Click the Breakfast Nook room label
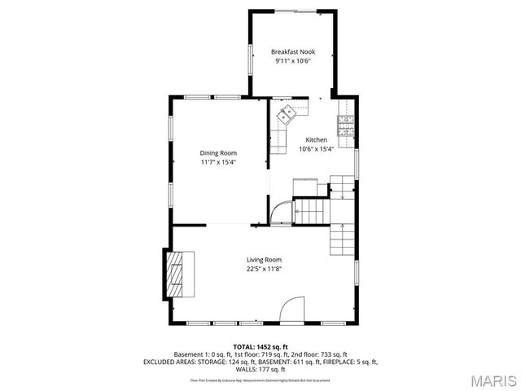coord(292,52)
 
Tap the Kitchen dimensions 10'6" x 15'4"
coord(317,149)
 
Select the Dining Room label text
coord(218,153)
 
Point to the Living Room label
coord(265,260)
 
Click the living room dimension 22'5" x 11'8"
coord(265,270)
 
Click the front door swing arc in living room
coord(291,310)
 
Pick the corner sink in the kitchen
coord(286,115)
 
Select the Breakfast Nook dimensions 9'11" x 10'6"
coord(292,61)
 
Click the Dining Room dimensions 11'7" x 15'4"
coord(218,162)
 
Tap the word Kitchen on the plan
coord(317,140)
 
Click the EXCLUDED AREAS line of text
coord(260,362)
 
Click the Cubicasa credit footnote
coord(260,380)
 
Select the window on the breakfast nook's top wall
coord(291,11)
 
